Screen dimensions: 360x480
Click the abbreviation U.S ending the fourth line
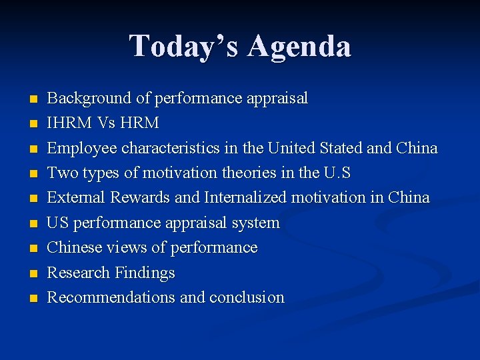337,173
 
